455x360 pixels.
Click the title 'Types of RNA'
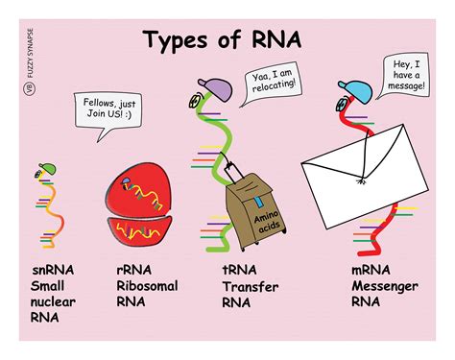222,39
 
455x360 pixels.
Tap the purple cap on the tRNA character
216,88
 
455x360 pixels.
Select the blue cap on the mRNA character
356,91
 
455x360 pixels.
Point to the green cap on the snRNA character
48,168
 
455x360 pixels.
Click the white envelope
365,177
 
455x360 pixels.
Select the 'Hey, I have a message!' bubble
404,75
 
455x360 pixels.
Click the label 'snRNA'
53,270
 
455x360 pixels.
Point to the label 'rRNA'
134,270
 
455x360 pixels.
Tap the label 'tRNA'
239,270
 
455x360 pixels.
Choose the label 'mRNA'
371,270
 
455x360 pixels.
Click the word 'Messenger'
385,286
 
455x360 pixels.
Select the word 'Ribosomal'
147,286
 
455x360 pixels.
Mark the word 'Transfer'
251,286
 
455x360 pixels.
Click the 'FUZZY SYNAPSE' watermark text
31,53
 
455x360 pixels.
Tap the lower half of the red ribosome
139,230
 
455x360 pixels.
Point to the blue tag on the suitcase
258,202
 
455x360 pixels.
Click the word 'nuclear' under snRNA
53,301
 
